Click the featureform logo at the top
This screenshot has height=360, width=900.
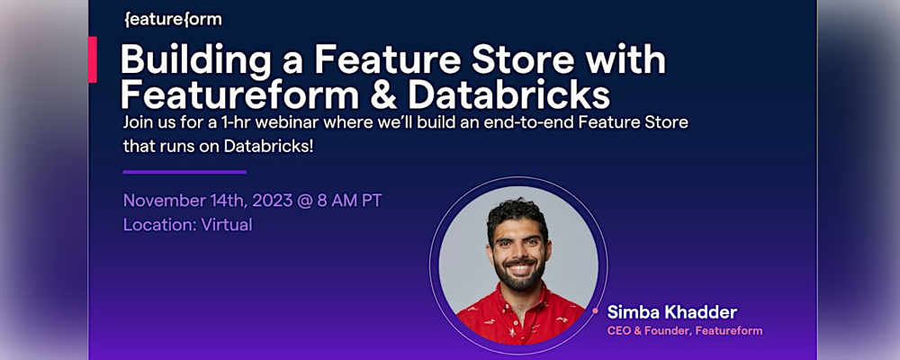click(173, 19)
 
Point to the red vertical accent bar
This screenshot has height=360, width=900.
click(92, 59)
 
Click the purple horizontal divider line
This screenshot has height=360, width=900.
click(184, 172)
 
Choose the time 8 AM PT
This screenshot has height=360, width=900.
click(354, 200)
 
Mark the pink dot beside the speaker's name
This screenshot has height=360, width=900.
click(595, 311)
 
